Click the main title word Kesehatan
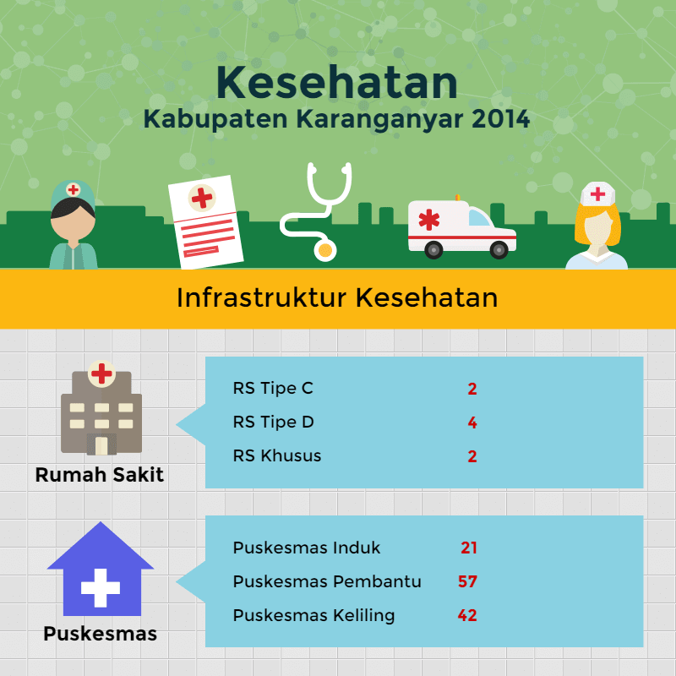click(336, 82)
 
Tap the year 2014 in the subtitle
click(502, 118)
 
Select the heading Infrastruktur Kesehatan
click(337, 298)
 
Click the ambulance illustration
click(461, 227)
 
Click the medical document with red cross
click(205, 221)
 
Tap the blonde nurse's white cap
click(597, 195)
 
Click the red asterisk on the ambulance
click(429, 220)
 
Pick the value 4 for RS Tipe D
click(473, 422)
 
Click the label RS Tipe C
click(273, 389)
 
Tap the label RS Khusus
click(277, 456)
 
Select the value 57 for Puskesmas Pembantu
click(468, 581)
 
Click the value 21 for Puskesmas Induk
click(469, 548)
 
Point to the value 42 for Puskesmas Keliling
click(467, 615)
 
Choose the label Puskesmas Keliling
click(313, 615)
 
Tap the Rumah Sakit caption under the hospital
click(100, 475)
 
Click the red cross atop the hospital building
click(101, 373)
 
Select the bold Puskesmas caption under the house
click(100, 633)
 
